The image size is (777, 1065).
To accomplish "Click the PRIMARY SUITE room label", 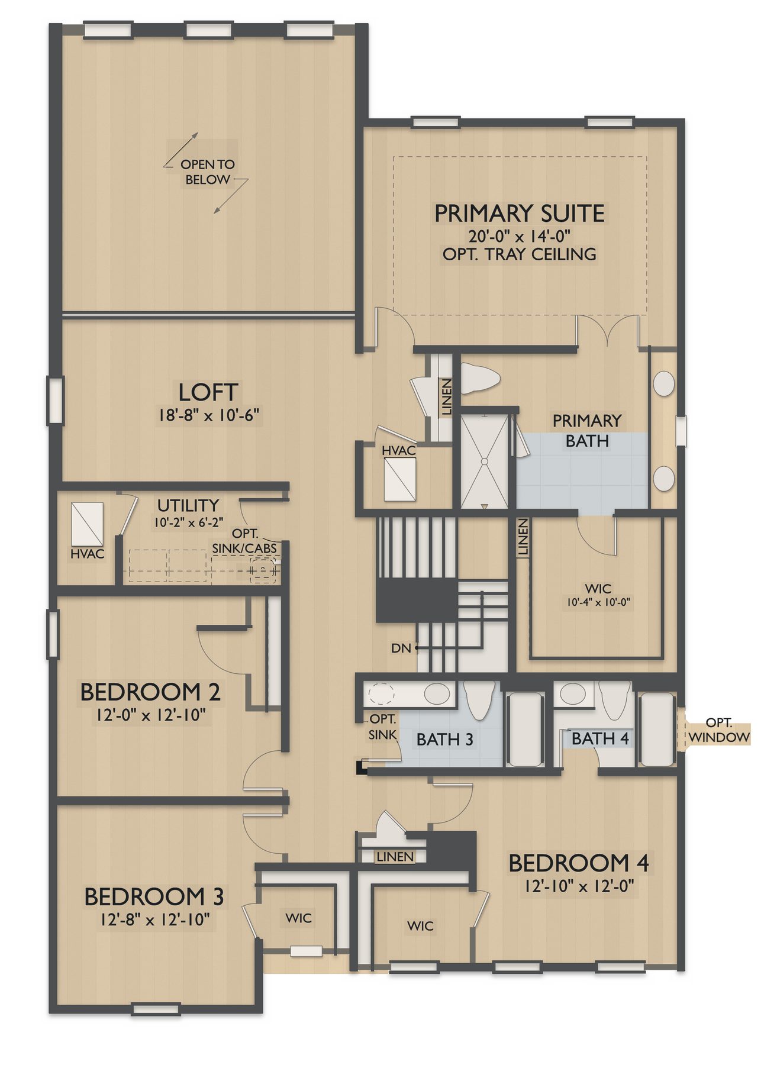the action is (520, 214).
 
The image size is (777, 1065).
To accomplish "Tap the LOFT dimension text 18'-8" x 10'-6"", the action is (208, 415).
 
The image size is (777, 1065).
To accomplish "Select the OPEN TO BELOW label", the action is (208, 172).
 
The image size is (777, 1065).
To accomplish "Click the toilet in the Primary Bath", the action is (480, 378).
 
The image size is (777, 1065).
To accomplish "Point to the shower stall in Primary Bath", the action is (484, 461).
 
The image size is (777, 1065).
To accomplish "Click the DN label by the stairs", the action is (401, 648).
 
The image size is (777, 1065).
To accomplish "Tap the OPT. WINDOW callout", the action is (719, 731).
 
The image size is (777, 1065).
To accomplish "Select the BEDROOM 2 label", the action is (150, 692).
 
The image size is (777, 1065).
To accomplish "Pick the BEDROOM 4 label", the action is (579, 863).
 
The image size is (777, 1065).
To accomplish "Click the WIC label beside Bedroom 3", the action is (298, 918).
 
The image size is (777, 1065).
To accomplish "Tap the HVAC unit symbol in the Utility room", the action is (87, 524).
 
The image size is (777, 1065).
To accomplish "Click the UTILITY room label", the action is (188, 506).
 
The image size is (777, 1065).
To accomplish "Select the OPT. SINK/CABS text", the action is (244, 541).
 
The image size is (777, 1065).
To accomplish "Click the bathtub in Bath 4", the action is (656, 730).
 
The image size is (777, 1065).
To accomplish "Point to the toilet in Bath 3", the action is (479, 700).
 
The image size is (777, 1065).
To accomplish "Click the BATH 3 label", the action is (445, 740).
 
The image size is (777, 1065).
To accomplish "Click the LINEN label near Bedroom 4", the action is (395, 857).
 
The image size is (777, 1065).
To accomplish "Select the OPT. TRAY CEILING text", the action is (520, 254).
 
